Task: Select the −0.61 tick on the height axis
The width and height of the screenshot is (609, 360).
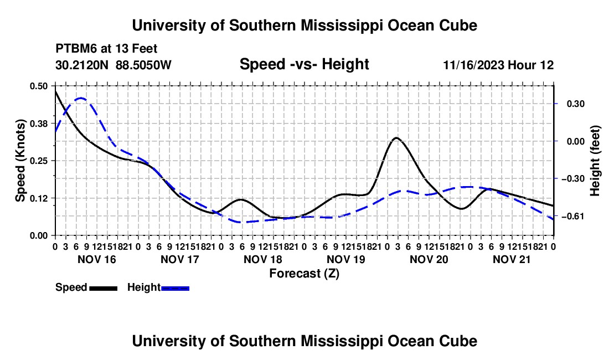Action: click(572, 217)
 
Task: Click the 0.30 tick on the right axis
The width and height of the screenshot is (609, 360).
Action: click(576, 104)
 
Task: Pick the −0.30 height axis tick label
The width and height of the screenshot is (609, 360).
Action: click(572, 179)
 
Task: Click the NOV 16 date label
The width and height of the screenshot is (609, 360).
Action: click(97, 259)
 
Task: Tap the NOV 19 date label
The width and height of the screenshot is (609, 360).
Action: click(345, 259)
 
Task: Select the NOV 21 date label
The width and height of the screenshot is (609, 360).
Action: click(512, 259)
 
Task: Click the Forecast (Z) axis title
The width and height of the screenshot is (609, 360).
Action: click(304, 274)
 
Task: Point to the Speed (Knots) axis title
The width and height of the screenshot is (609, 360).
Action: click(20, 161)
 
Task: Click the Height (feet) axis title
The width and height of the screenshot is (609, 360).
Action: click(595, 161)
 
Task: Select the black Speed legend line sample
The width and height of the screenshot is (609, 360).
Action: click(104, 288)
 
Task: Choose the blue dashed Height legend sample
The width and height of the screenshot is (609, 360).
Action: click(175, 288)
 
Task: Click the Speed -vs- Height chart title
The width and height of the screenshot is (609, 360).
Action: click(304, 64)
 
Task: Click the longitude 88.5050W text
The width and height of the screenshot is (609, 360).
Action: click(143, 65)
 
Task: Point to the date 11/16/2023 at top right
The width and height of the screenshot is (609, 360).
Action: click(473, 65)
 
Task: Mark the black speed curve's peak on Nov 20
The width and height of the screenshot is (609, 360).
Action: click(396, 137)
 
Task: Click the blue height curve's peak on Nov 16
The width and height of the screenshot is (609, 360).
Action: click(81, 98)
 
